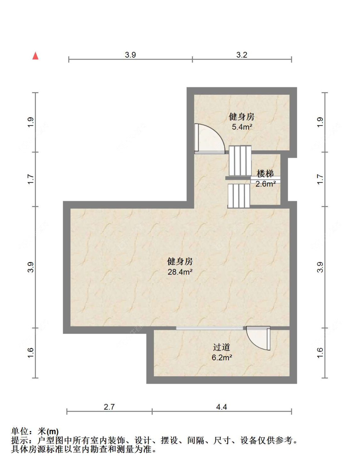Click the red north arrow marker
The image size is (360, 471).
point(36,56)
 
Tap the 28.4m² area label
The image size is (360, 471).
point(180,272)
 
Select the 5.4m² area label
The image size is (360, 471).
point(242,127)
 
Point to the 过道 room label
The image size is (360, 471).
point(222,347)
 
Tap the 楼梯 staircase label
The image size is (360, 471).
point(265,174)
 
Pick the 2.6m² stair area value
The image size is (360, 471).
point(265,184)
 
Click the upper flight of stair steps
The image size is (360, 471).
point(240,161)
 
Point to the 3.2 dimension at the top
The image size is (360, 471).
point(242,55)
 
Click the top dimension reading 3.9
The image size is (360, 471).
point(131,55)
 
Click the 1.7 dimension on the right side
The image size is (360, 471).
point(320,179)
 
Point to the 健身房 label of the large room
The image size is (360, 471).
point(180,261)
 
